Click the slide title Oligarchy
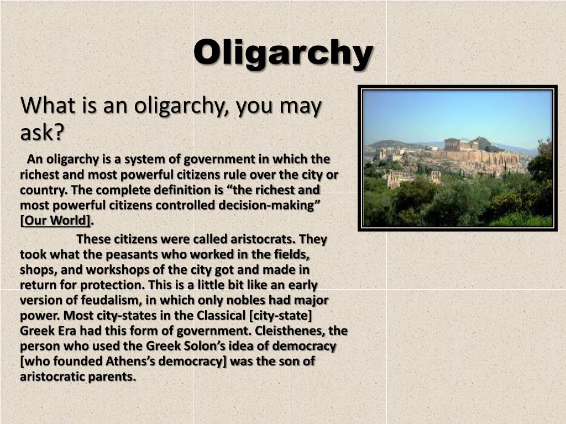(283, 54)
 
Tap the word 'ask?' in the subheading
(43, 132)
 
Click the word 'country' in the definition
(40, 190)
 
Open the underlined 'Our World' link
(56, 221)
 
